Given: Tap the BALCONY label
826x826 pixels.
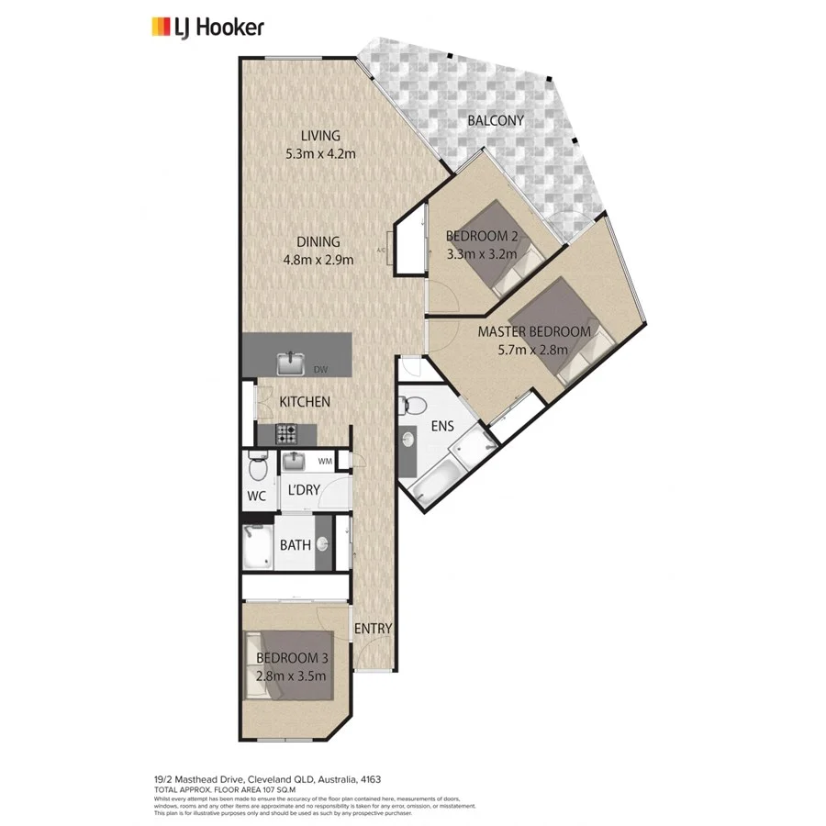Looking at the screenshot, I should pos(495,120).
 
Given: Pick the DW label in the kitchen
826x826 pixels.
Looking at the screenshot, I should pos(320,370).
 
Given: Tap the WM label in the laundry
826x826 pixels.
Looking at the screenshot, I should pos(324,461).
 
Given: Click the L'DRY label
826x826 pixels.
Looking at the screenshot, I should pos(303,490).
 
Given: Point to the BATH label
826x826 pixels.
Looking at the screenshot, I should pos(295,545).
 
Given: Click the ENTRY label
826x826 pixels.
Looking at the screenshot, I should pos(373,629).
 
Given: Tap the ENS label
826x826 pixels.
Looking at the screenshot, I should pos(443,427).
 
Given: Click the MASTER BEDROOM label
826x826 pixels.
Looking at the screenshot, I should pos(533,331).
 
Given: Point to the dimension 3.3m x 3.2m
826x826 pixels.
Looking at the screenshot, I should pos(481,254).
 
